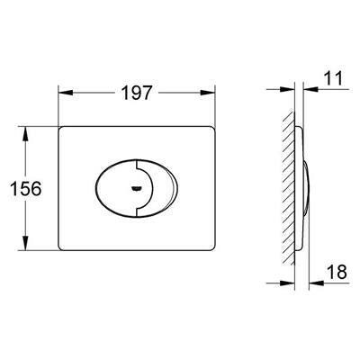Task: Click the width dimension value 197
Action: pos(137,93)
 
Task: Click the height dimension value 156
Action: pos(26,189)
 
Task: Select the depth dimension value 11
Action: pos(333,78)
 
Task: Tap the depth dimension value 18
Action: pos(337,272)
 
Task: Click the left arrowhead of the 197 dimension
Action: pos(66,93)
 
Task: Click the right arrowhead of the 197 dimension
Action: pos(208,93)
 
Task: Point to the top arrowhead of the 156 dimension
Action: pos(25,134)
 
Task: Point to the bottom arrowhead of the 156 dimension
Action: pos(25,243)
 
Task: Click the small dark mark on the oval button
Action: pos(136,189)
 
